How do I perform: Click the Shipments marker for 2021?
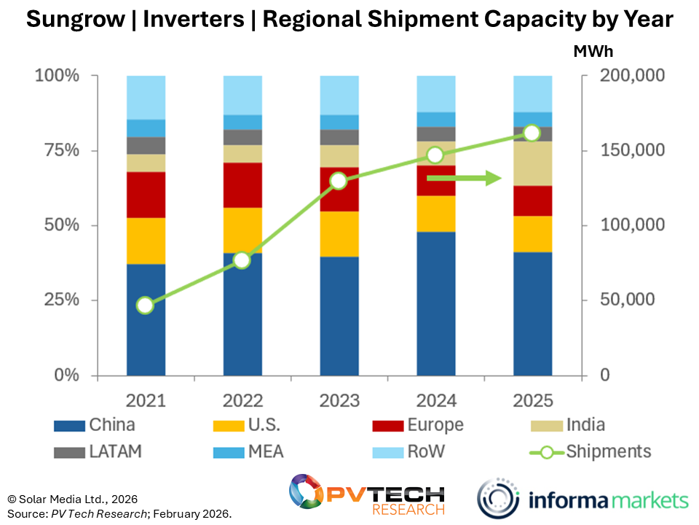(x=145, y=305)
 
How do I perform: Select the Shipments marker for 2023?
(x=339, y=181)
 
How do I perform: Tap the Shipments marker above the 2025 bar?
(x=532, y=133)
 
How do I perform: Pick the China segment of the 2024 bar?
(x=435, y=303)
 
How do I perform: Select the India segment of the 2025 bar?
(x=532, y=163)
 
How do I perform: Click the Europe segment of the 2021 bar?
(x=145, y=195)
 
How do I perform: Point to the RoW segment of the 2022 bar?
(x=242, y=95)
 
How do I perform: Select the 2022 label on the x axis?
(x=242, y=401)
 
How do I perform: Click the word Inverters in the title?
(x=193, y=20)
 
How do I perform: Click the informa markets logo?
(x=582, y=499)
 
